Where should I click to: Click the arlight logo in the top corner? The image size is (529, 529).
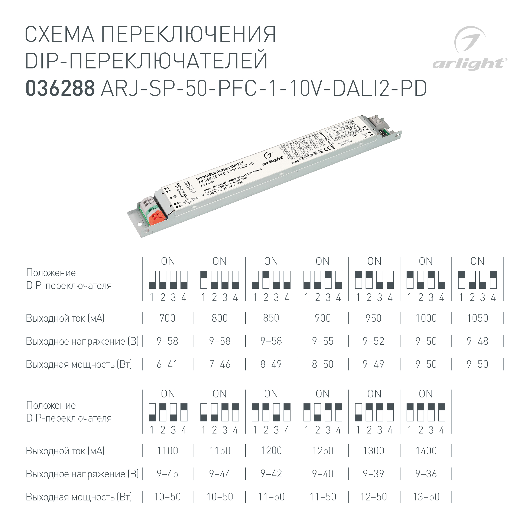(469, 49)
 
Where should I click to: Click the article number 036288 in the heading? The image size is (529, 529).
(60, 88)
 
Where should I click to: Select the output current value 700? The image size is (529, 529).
(167, 318)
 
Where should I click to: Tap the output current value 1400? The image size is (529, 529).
(426, 451)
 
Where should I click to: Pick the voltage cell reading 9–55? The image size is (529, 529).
(322, 341)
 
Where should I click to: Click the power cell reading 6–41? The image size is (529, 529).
(167, 364)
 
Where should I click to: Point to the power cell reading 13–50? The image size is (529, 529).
(426, 497)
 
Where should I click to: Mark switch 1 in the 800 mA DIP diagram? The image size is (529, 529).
(204, 280)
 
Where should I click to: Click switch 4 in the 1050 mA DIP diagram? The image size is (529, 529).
(493, 280)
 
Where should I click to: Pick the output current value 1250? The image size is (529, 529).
(322, 451)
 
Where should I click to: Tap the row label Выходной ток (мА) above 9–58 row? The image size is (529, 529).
(65, 318)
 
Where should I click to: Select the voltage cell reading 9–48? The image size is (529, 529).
(477, 341)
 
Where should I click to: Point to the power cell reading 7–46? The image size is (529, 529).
(220, 364)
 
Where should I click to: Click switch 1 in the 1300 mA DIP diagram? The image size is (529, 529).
(358, 412)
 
